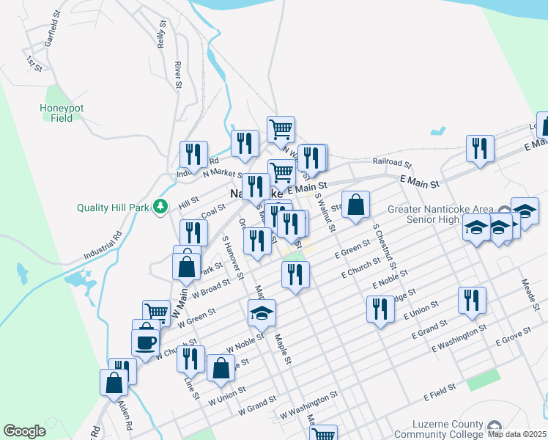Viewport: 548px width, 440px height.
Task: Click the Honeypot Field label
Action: click(62, 113)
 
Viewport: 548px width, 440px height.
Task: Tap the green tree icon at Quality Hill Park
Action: click(162, 208)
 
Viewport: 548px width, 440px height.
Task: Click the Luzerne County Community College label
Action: click(439, 430)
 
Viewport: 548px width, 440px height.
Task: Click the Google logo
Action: click(24, 431)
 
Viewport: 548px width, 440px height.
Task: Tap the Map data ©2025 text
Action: click(516, 434)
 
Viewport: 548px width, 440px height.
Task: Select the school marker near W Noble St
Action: click(262, 313)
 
